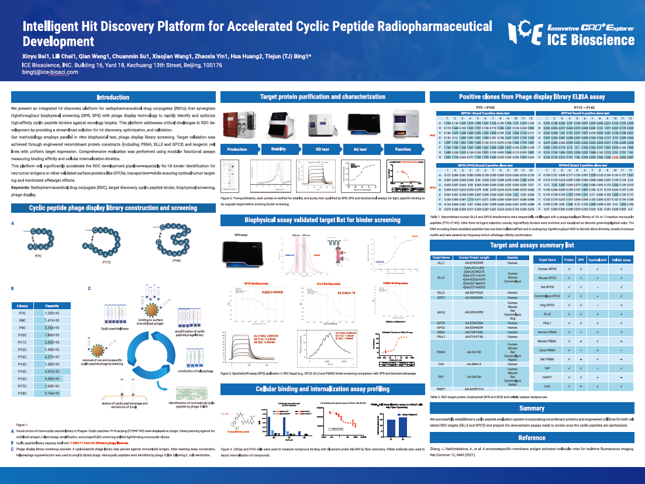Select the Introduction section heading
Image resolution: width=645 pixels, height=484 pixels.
point(113,97)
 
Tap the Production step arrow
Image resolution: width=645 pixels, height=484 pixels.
point(236,150)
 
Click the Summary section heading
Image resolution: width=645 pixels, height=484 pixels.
point(532,409)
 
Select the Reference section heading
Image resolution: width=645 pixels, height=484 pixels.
point(532,438)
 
